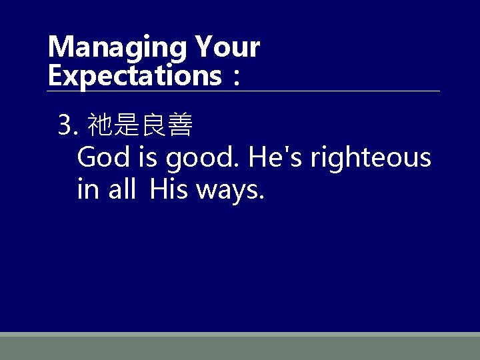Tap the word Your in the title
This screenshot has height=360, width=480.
227,47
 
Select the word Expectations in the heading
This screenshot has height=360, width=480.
134,75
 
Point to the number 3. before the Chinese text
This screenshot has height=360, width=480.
69,124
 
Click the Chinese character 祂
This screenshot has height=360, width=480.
101,124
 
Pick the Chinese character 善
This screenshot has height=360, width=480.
180,124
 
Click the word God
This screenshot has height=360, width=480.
103,158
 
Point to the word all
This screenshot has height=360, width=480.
123,189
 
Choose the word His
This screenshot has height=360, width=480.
169,189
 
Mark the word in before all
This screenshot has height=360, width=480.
87,189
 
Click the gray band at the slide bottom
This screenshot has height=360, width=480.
240,347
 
